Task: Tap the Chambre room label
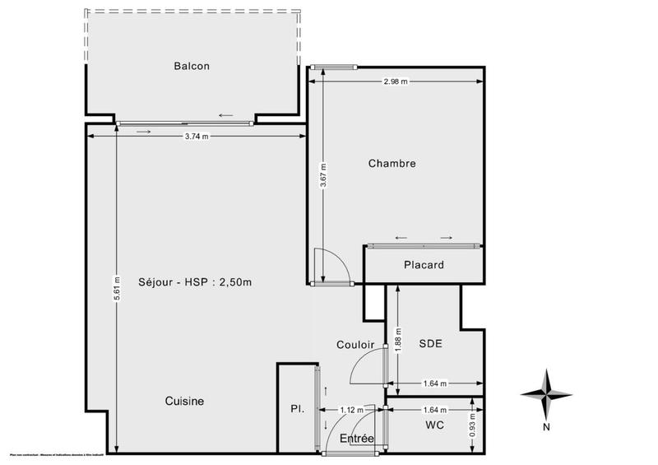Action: coord(392,164)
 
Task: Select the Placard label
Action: coord(424,265)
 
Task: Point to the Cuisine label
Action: coord(184,401)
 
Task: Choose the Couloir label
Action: coord(355,345)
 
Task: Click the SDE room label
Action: coord(430,344)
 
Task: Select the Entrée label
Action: coord(358,439)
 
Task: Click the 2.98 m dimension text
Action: coord(396,81)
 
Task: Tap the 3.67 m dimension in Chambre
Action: coord(323,176)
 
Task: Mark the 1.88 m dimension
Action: coord(398,337)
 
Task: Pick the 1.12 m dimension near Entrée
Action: coord(352,410)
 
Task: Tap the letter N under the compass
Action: coord(545,427)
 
